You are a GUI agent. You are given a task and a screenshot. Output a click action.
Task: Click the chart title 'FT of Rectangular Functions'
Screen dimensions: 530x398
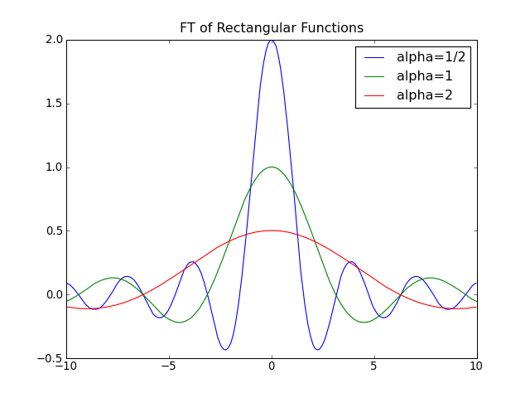click(x=272, y=27)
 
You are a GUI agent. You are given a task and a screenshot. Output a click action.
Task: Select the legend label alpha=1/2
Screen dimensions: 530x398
click(x=431, y=57)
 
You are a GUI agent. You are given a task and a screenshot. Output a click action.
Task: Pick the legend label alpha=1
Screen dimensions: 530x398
click(x=425, y=76)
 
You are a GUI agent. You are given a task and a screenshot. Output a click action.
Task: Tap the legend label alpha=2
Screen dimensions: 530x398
click(x=425, y=95)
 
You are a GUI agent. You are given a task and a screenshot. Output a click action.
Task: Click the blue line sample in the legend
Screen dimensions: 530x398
click(x=374, y=58)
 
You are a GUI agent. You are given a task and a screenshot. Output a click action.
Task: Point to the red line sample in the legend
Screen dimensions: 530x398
click(x=374, y=96)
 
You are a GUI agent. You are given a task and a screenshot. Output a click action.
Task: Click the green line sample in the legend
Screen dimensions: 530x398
click(x=374, y=77)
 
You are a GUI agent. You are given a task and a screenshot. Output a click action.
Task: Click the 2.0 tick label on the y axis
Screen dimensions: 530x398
click(x=55, y=40)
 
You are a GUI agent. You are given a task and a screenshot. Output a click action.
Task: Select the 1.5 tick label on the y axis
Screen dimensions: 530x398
click(x=55, y=104)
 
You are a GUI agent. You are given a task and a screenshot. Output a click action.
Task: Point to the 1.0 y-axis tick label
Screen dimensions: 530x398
click(x=55, y=167)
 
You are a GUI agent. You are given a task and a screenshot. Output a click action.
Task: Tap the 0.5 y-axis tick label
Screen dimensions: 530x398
click(x=55, y=231)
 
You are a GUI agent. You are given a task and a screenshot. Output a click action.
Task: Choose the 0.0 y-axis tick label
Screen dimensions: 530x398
click(x=55, y=294)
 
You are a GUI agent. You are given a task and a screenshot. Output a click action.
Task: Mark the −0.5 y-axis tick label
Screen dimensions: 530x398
click(x=50, y=358)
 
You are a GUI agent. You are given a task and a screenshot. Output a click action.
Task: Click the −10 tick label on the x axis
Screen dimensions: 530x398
click(x=66, y=366)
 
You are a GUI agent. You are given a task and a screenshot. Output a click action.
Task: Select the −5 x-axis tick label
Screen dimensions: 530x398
click(x=169, y=366)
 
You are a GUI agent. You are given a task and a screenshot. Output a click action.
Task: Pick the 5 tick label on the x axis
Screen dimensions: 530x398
click(x=374, y=366)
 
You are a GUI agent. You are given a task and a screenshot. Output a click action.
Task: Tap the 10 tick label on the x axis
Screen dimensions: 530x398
click(x=477, y=366)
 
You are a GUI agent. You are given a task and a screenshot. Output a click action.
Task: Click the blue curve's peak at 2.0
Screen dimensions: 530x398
click(x=272, y=41)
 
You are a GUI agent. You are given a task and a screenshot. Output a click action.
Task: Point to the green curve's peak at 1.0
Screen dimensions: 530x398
click(x=272, y=167)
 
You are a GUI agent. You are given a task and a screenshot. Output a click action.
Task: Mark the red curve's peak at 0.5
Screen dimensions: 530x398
click(x=272, y=231)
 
